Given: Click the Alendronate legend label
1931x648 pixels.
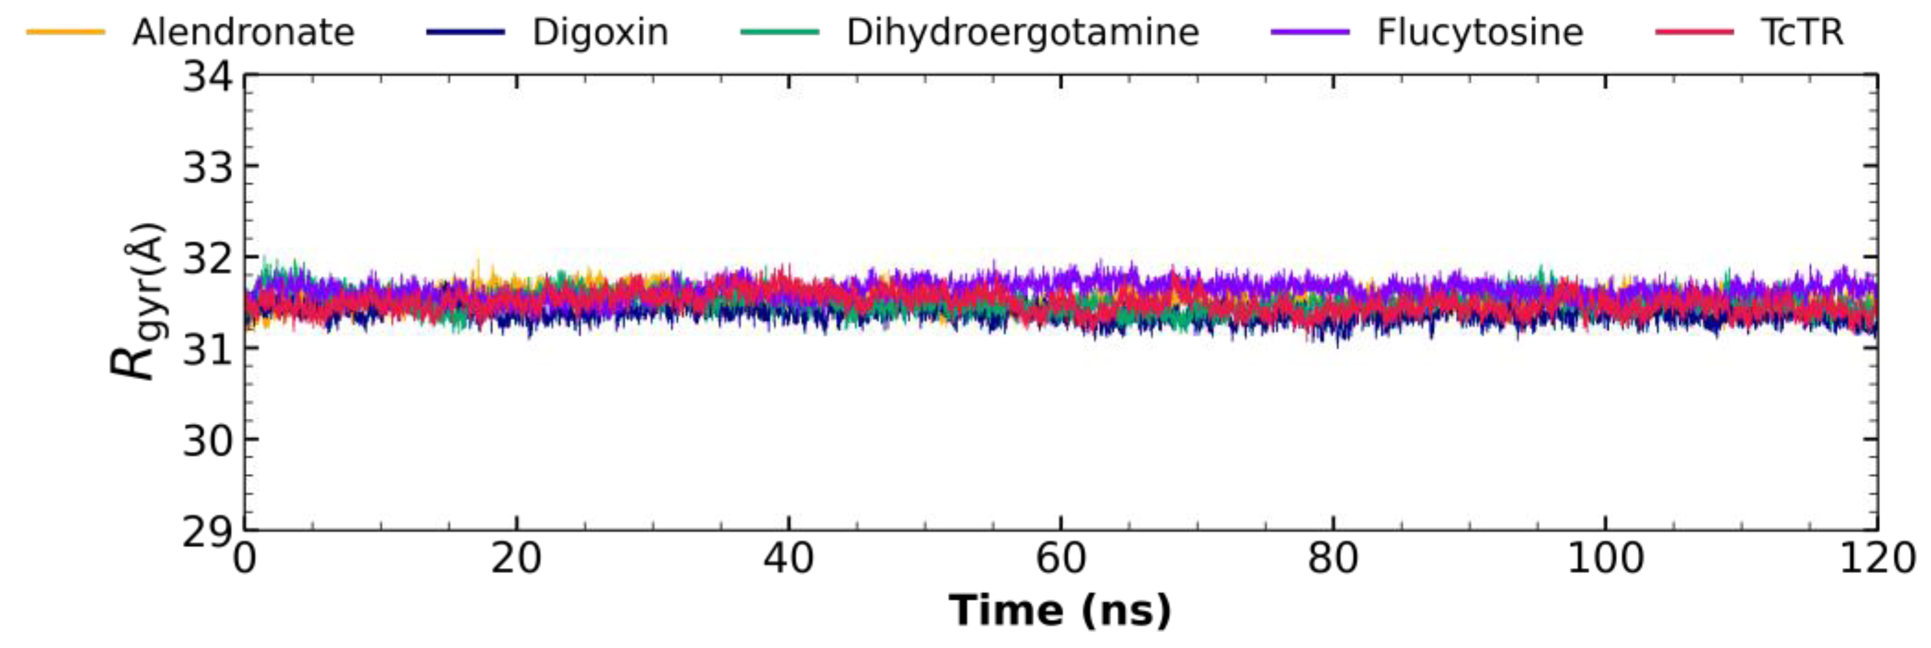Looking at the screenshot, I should [243, 33].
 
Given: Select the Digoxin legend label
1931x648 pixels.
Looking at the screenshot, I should [600, 33].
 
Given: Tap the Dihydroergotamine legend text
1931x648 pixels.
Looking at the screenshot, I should [1023, 33].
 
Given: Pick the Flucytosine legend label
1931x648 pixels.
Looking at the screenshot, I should [1480, 33].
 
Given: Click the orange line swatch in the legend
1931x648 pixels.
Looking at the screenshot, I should [66, 33].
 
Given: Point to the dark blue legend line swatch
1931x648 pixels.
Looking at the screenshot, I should [465, 33].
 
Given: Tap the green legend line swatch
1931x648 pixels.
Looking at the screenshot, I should [780, 33].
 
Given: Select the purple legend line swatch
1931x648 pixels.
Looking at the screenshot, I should [1311, 33].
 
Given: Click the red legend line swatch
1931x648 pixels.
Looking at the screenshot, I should [1695, 33].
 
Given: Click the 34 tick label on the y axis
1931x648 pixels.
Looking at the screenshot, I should [207, 77].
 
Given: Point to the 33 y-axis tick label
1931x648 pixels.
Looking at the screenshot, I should [207, 168].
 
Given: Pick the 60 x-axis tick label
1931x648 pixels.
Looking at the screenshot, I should [1061, 560].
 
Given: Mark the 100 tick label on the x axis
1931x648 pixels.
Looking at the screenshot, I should [1605, 560].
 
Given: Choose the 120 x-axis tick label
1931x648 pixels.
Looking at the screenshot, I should [1876, 560].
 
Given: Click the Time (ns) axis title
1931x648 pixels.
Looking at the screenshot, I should [1060, 610].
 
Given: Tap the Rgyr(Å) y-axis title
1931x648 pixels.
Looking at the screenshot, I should [137, 301].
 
